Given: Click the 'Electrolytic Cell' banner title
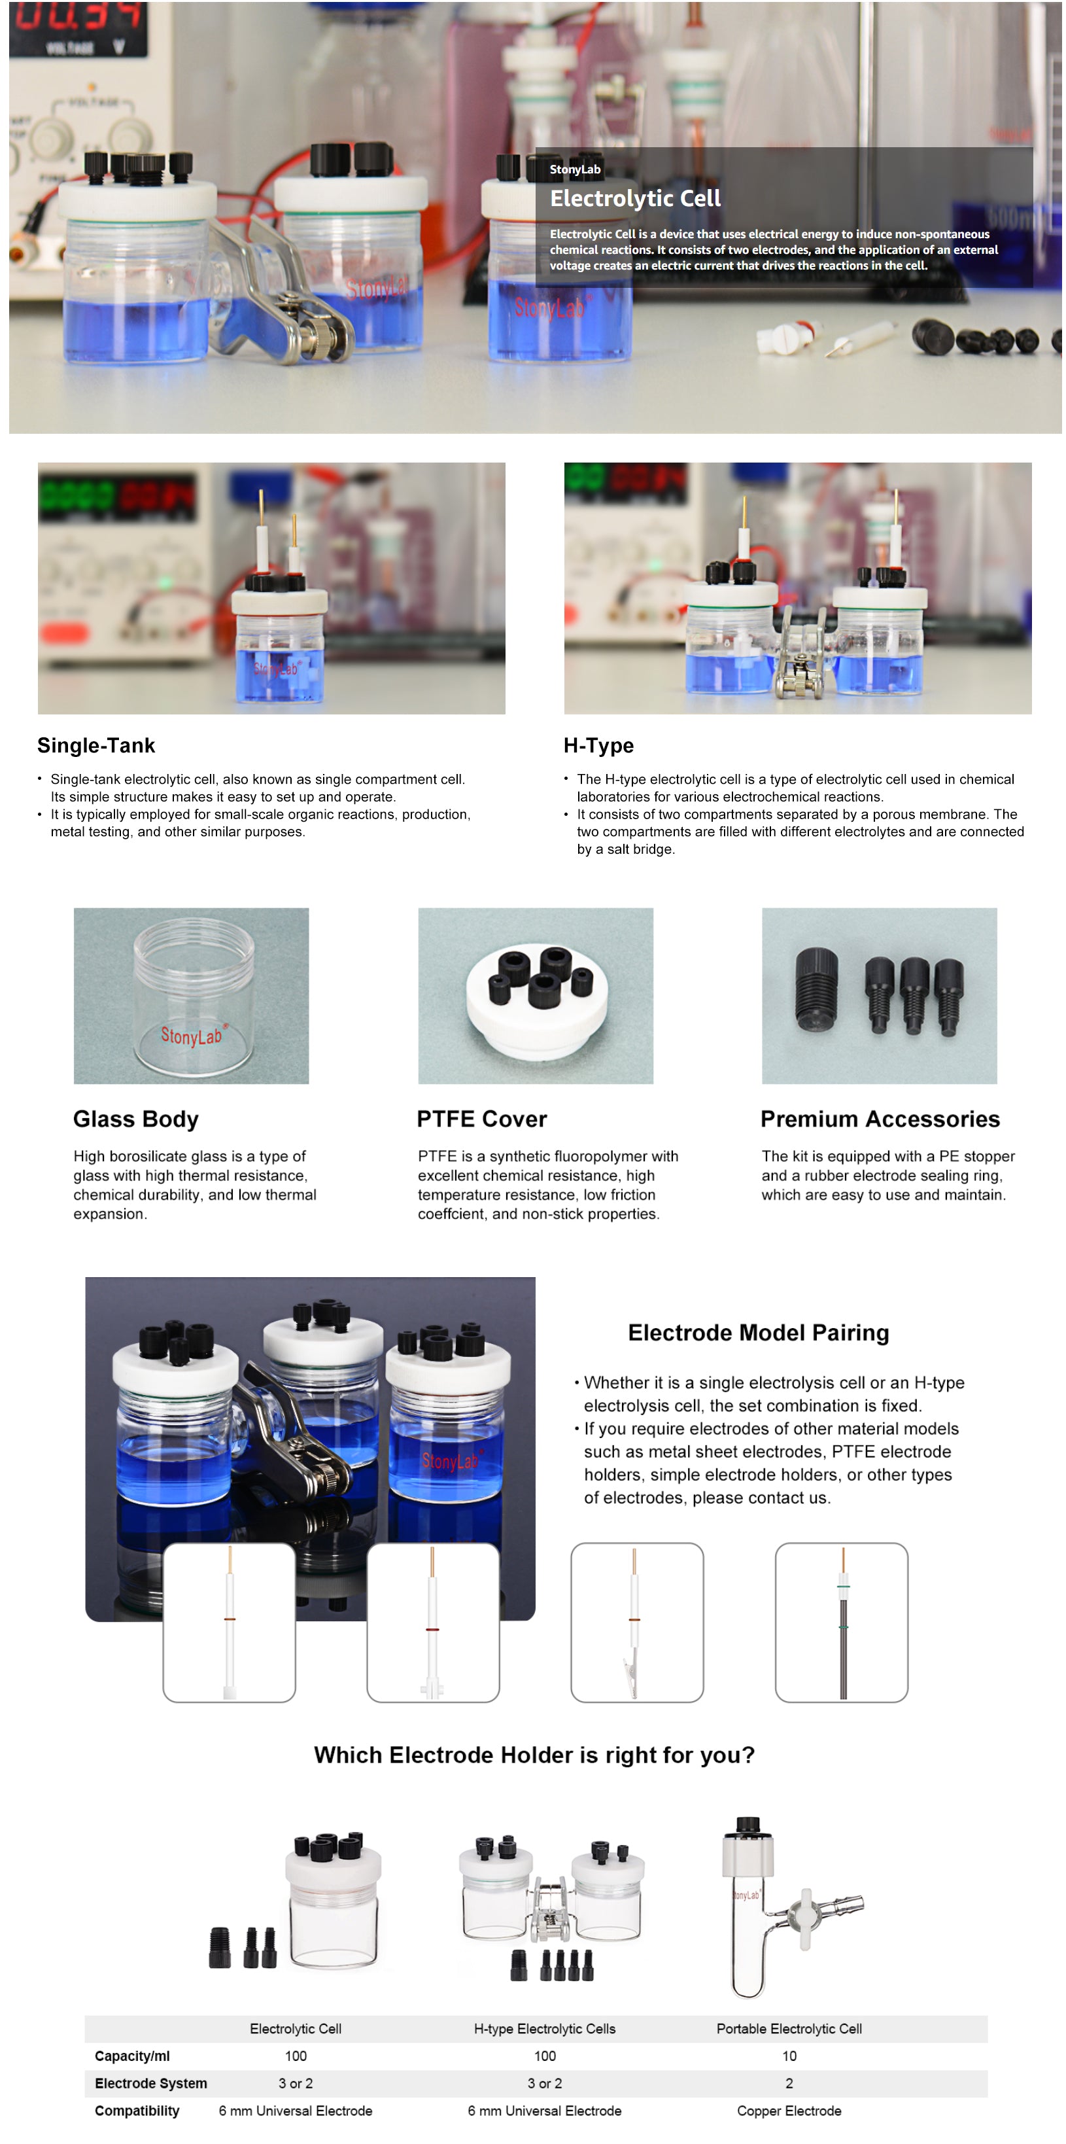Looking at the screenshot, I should [x=635, y=198].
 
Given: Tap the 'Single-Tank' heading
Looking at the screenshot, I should [x=95, y=745].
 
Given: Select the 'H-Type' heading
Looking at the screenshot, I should [x=598, y=745].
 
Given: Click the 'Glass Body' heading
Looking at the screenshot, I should [x=135, y=1119].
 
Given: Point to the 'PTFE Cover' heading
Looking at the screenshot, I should [x=482, y=1119].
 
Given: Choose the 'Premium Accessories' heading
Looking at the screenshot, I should [x=880, y=1119].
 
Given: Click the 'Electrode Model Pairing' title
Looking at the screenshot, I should [x=758, y=1333].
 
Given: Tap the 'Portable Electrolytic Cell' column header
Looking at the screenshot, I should [x=789, y=2028].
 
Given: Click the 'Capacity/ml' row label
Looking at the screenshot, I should [x=132, y=2056].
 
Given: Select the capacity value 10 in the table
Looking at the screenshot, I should [x=789, y=2056].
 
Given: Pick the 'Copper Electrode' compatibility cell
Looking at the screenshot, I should [x=789, y=2111].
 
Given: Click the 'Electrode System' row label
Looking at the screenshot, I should [x=150, y=2083].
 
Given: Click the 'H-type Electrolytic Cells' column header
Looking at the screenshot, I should [x=544, y=2028].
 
